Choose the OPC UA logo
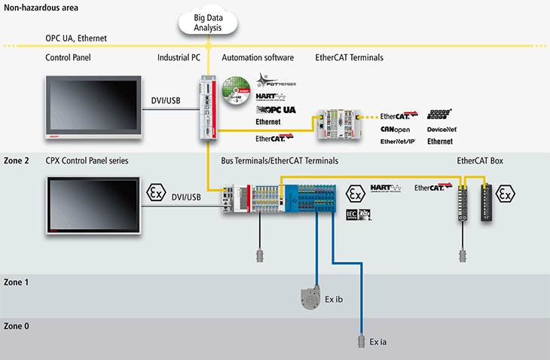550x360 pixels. tap(277, 109)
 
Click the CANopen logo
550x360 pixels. tap(395, 130)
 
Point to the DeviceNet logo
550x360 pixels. tap(442, 130)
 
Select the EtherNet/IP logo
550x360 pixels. tap(397, 141)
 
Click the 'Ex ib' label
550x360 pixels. tap(337, 299)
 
